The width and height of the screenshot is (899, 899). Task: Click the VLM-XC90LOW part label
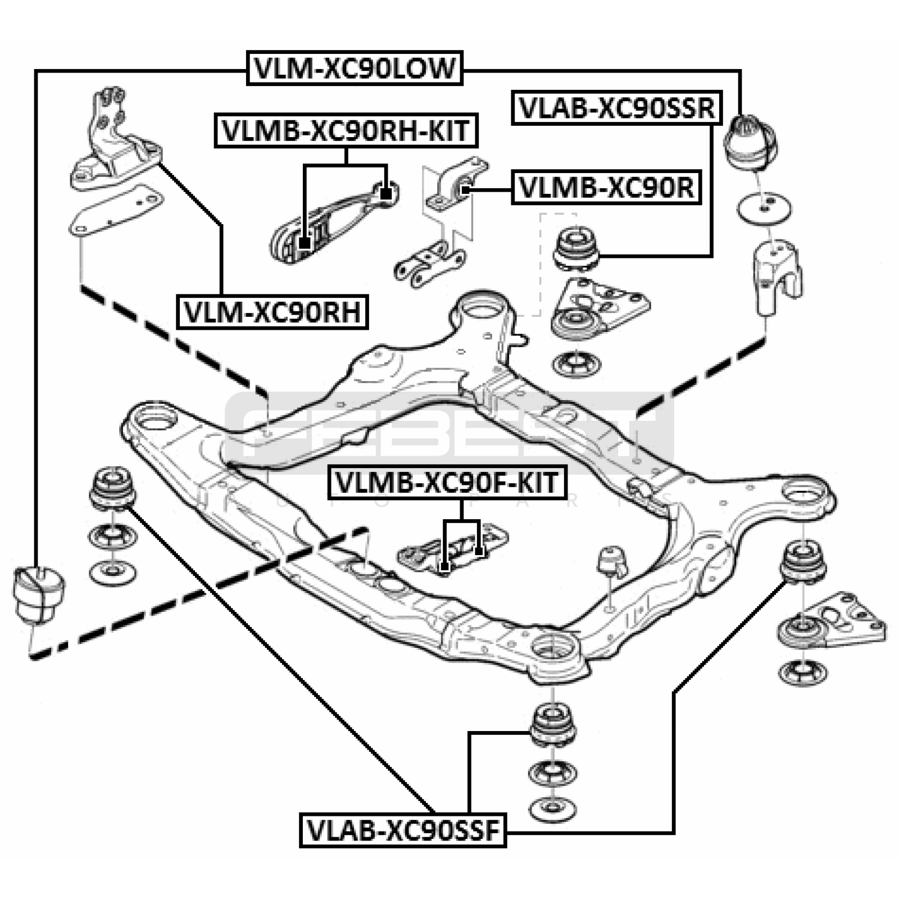[355, 69]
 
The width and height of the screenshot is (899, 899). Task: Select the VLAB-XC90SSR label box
[617, 108]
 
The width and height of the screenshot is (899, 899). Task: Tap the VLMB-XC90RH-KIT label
[346, 131]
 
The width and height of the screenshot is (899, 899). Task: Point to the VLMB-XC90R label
[606, 188]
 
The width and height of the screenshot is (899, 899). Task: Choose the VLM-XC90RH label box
[273, 312]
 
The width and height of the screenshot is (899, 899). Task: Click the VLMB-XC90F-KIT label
[447, 483]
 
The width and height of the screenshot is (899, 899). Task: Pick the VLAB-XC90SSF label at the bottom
[403, 830]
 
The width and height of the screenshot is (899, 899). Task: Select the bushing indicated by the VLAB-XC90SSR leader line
[576, 248]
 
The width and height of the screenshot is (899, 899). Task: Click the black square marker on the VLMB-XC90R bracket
[465, 190]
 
